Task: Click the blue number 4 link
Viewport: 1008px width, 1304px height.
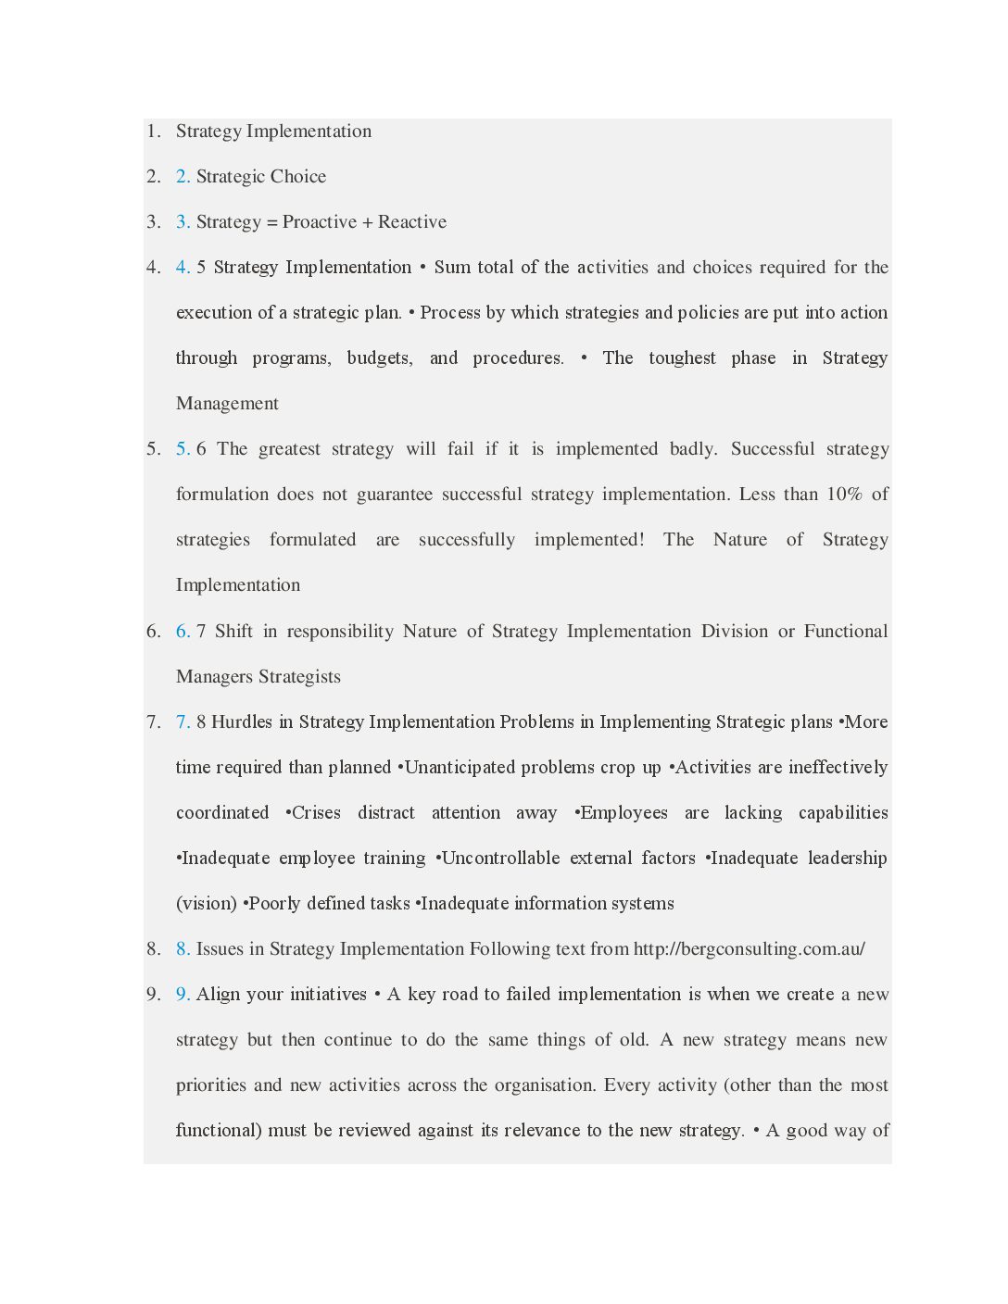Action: [182, 267]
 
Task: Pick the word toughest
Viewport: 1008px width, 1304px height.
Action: [682, 357]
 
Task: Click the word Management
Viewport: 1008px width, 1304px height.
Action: [227, 403]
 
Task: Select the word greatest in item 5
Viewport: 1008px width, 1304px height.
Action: [289, 448]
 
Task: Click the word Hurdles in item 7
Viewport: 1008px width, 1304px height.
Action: [242, 721]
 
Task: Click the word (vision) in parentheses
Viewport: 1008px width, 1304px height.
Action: [206, 903]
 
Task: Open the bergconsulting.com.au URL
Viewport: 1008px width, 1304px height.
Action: [749, 948]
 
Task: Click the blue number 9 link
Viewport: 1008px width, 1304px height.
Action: [182, 994]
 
